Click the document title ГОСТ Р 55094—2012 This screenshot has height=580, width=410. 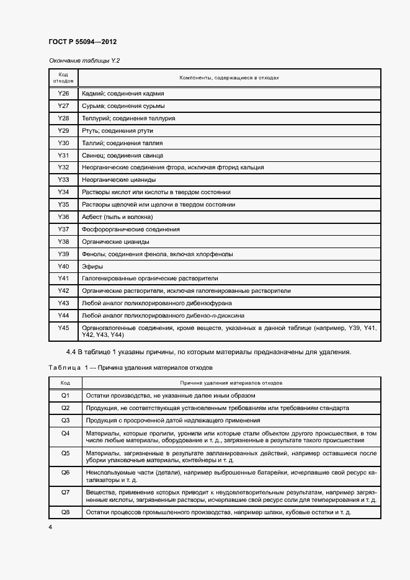tap(82, 42)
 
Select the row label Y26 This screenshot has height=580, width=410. tap(63, 94)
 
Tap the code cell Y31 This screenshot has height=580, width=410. tap(63, 155)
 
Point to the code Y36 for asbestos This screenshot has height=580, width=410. tap(63, 216)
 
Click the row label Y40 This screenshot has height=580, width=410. tap(63, 266)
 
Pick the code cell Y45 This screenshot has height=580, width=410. tap(63, 327)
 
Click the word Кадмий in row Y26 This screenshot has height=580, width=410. tap(93, 94)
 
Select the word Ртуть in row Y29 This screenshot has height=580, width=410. tap(91, 131)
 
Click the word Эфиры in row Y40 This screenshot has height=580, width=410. tap(92, 267)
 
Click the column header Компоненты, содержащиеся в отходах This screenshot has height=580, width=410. tap(229, 78)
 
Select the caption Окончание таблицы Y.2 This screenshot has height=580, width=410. tap(84, 61)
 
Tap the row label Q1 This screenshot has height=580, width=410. tap(65, 395)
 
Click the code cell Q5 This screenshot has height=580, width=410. tap(65, 453)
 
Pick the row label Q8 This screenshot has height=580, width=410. tap(65, 513)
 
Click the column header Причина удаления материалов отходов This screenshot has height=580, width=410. tap(231, 383)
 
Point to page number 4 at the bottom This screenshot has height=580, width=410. tap(50, 527)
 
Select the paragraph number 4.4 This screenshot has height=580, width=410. tap(71, 352)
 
